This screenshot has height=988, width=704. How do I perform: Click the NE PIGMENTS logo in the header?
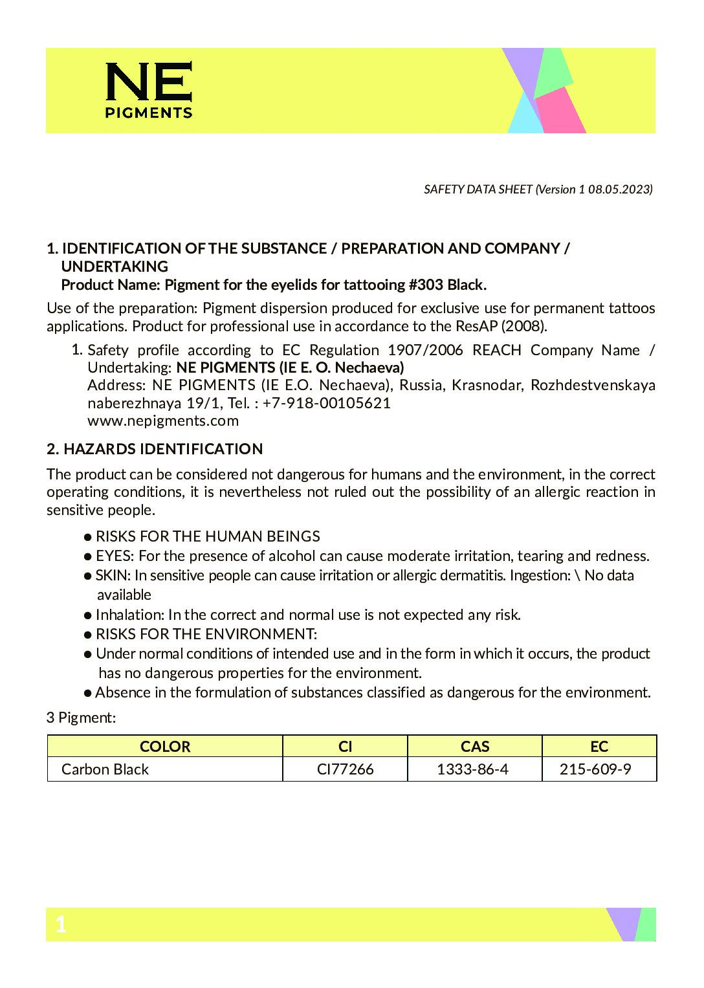149,91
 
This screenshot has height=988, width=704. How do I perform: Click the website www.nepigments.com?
163,421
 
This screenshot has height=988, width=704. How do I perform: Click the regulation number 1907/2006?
425,350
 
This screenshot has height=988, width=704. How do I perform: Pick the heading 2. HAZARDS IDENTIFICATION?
155,449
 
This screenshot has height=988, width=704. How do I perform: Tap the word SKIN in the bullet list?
113,575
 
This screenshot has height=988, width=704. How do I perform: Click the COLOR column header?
165,747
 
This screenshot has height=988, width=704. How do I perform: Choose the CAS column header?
475,747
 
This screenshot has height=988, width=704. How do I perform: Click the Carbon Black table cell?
105,769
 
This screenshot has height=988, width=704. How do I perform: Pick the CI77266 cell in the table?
346,769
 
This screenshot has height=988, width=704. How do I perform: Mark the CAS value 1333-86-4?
472,769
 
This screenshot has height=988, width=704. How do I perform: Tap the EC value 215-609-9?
595,769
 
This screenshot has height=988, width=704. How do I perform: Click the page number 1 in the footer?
61,925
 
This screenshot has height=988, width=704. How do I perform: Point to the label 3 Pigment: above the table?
81,718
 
